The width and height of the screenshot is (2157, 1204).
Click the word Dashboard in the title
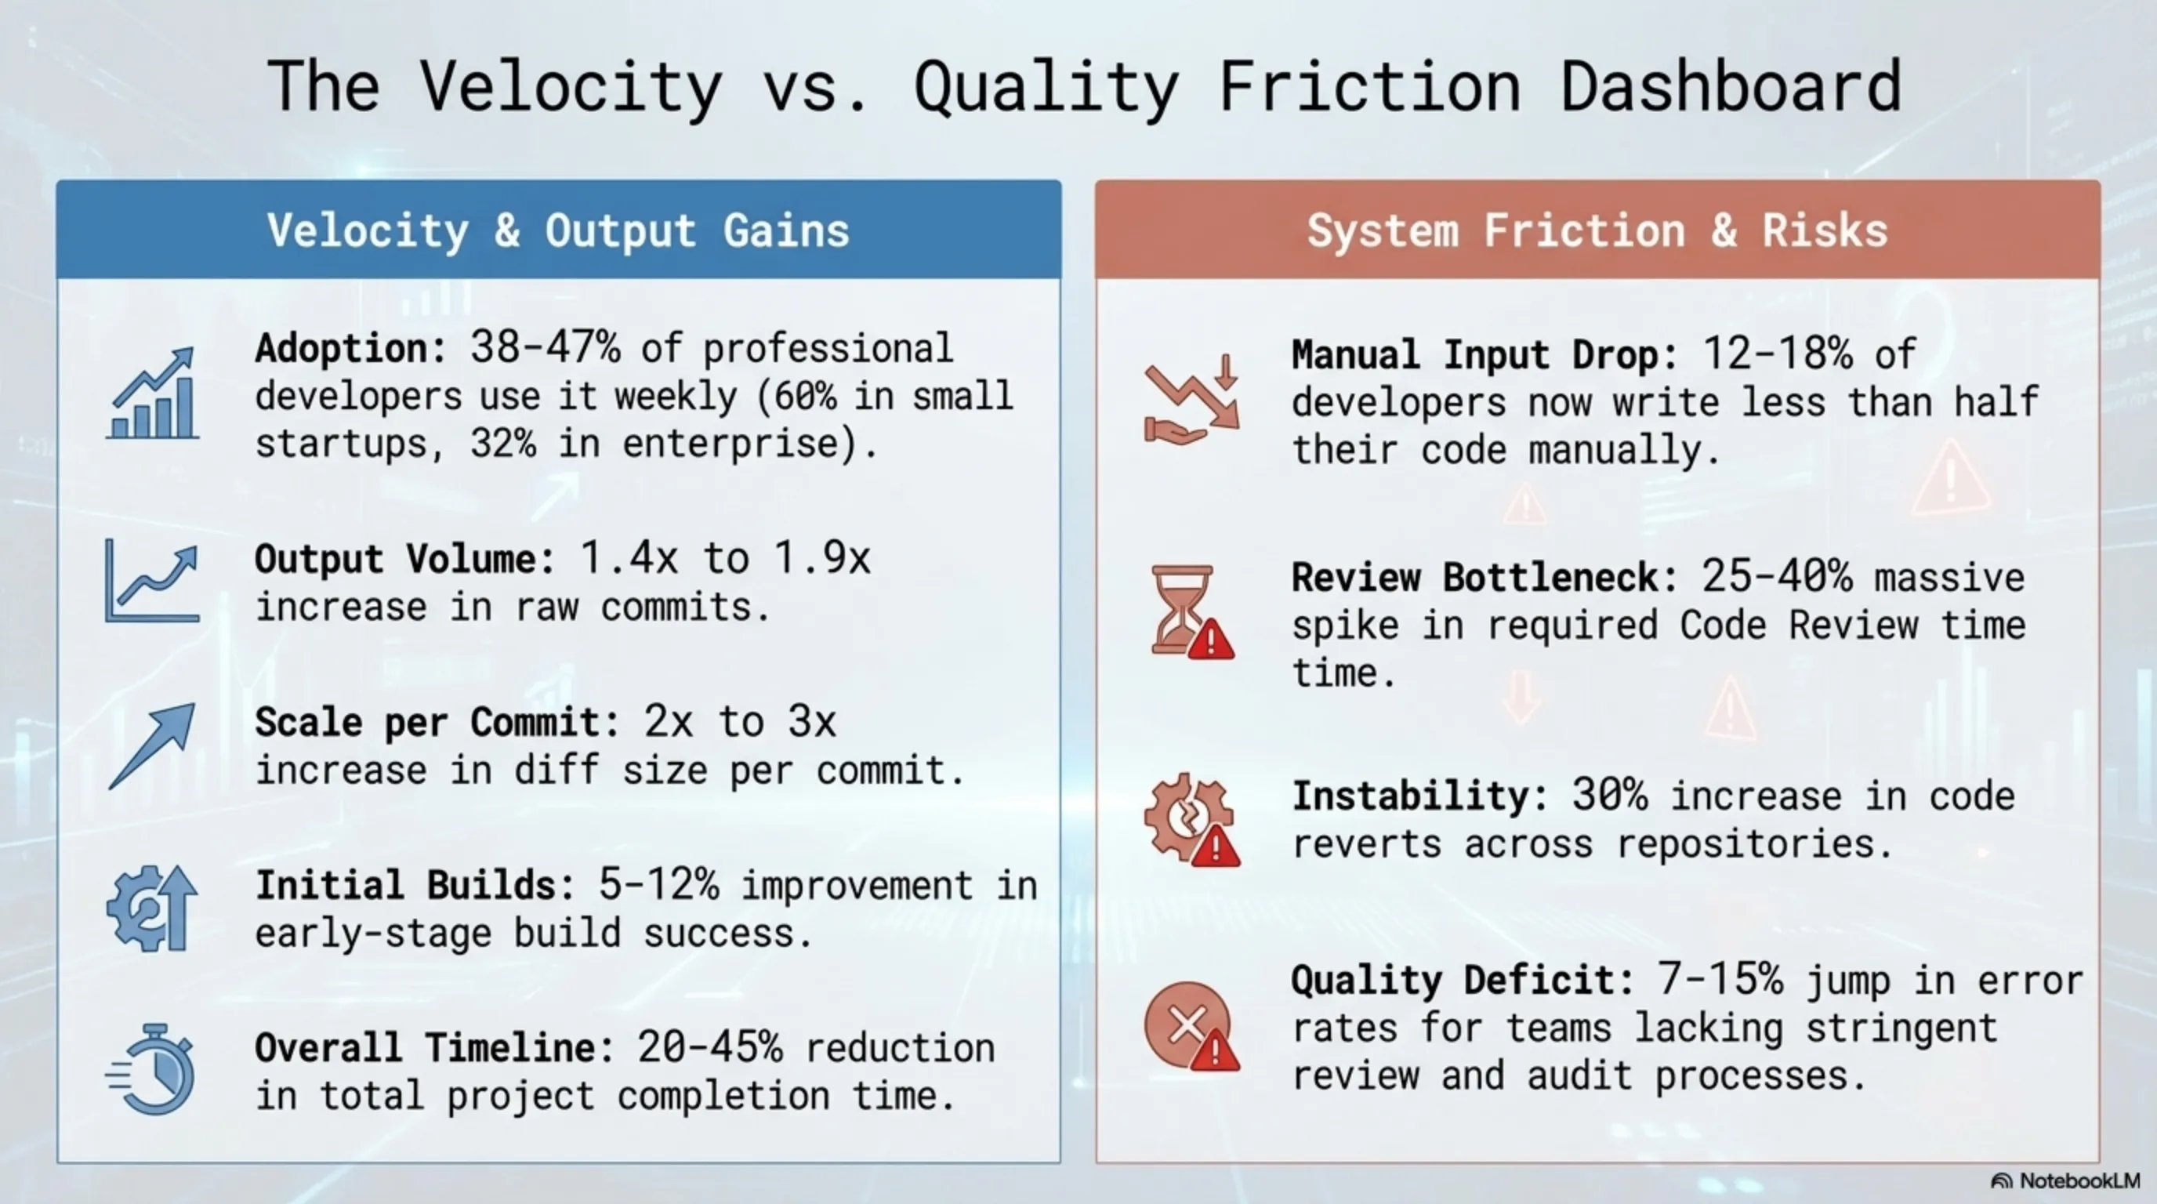(x=1731, y=86)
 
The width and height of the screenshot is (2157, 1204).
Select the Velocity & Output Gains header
(x=559, y=230)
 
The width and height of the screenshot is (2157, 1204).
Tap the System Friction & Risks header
(x=1597, y=230)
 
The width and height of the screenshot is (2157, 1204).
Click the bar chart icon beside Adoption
(x=152, y=393)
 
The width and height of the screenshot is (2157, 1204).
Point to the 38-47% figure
(x=545, y=346)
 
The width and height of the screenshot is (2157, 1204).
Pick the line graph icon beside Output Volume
(x=152, y=580)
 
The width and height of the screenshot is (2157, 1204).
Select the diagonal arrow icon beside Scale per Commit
(x=152, y=745)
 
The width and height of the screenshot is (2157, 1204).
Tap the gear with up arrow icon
(x=152, y=908)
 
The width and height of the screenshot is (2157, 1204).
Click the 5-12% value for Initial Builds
(x=658, y=884)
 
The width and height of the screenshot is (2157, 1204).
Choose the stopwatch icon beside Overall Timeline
(x=150, y=1069)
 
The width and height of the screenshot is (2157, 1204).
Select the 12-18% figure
(x=1777, y=354)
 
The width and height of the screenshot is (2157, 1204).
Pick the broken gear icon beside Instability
(x=1191, y=820)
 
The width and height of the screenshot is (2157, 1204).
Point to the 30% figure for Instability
(x=1609, y=795)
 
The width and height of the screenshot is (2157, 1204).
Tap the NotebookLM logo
(x=2065, y=1180)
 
